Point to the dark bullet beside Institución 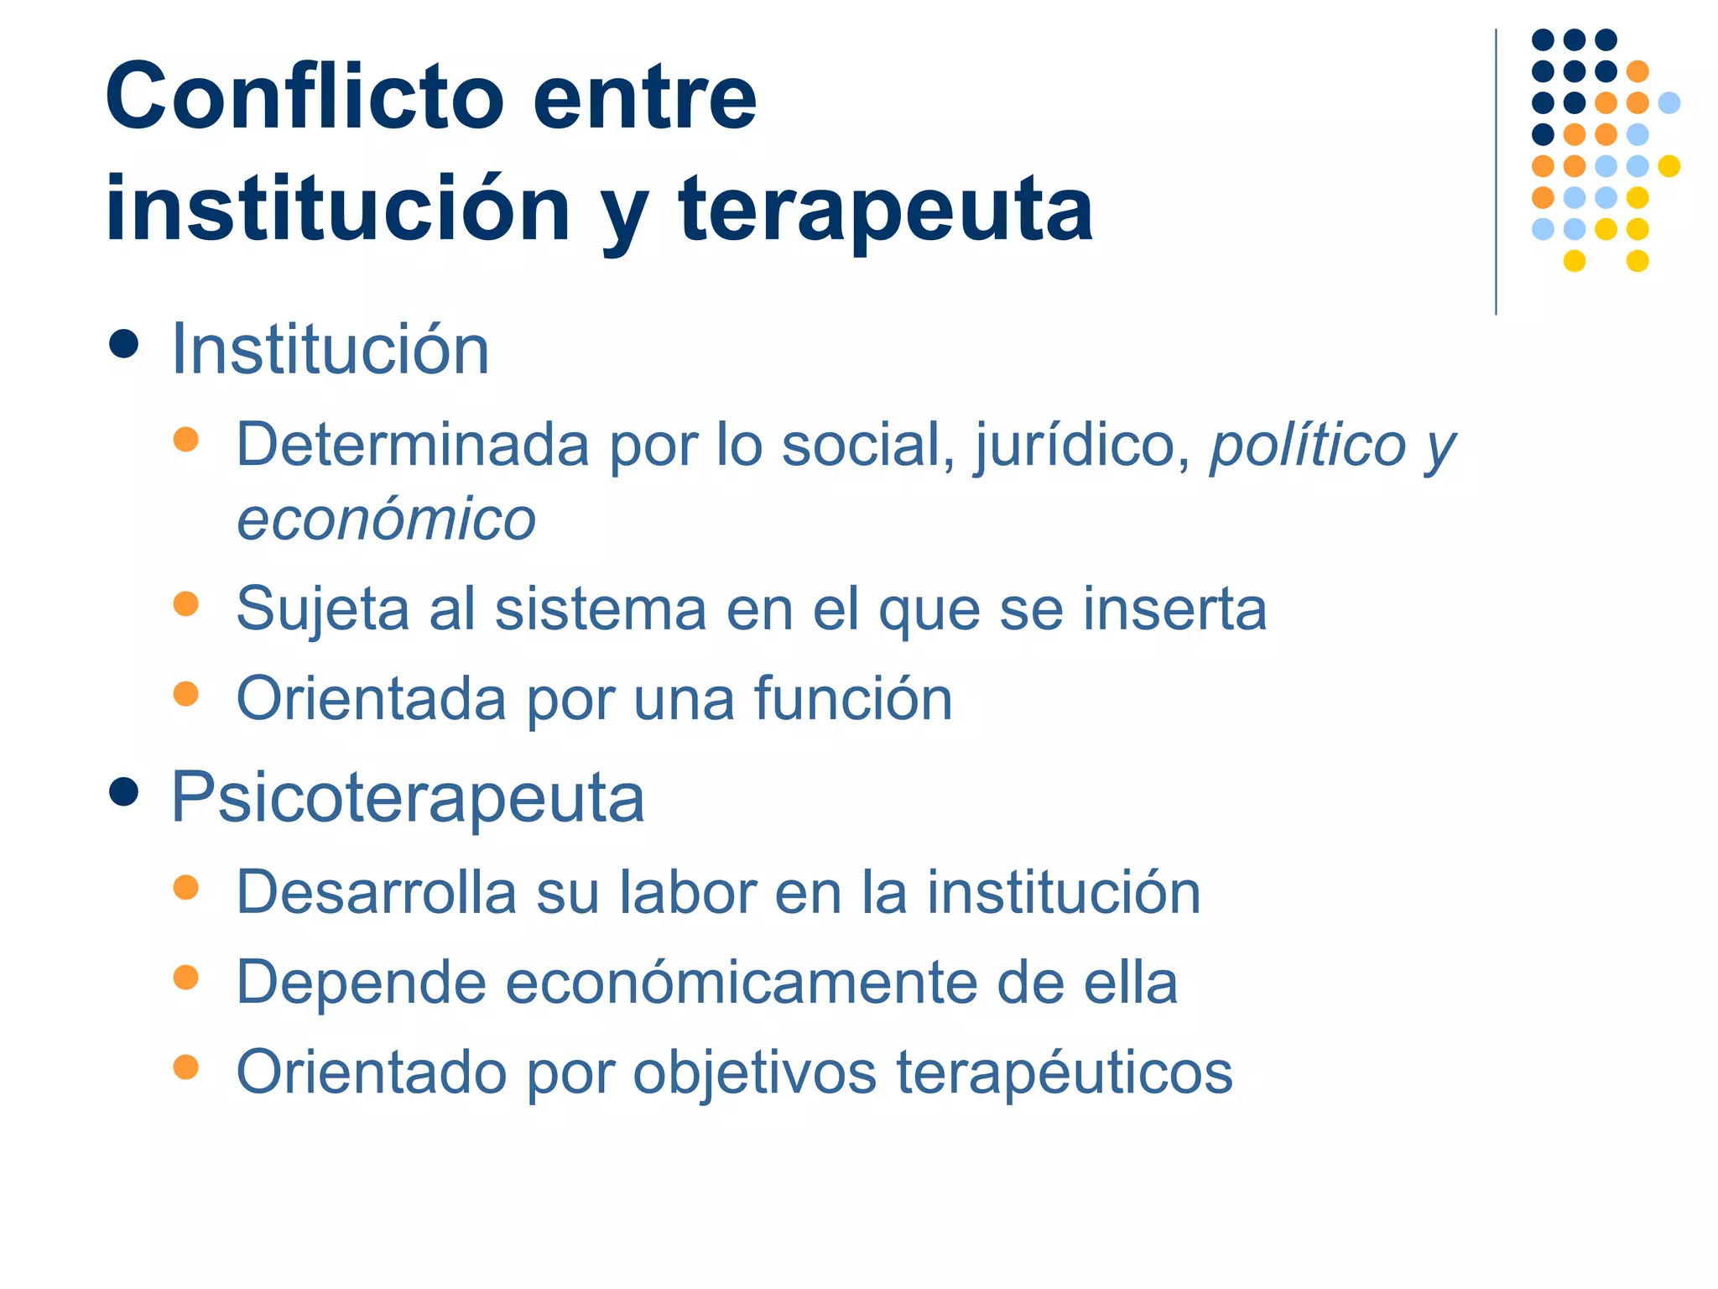tap(123, 344)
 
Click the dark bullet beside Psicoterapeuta tap(123, 791)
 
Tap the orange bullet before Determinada tap(185, 439)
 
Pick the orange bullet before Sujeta tap(185, 603)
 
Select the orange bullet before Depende tap(185, 977)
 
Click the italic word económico tap(386, 519)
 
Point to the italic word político tap(1307, 445)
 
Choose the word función tap(853, 698)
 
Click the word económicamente tap(741, 983)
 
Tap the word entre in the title tap(644, 99)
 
